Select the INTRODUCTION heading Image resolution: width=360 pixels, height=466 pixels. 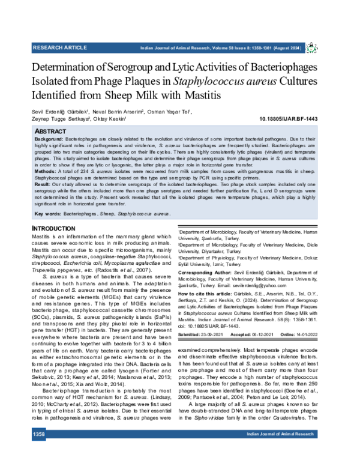point(53,229)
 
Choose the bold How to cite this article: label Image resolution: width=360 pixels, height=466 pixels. point(209,293)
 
